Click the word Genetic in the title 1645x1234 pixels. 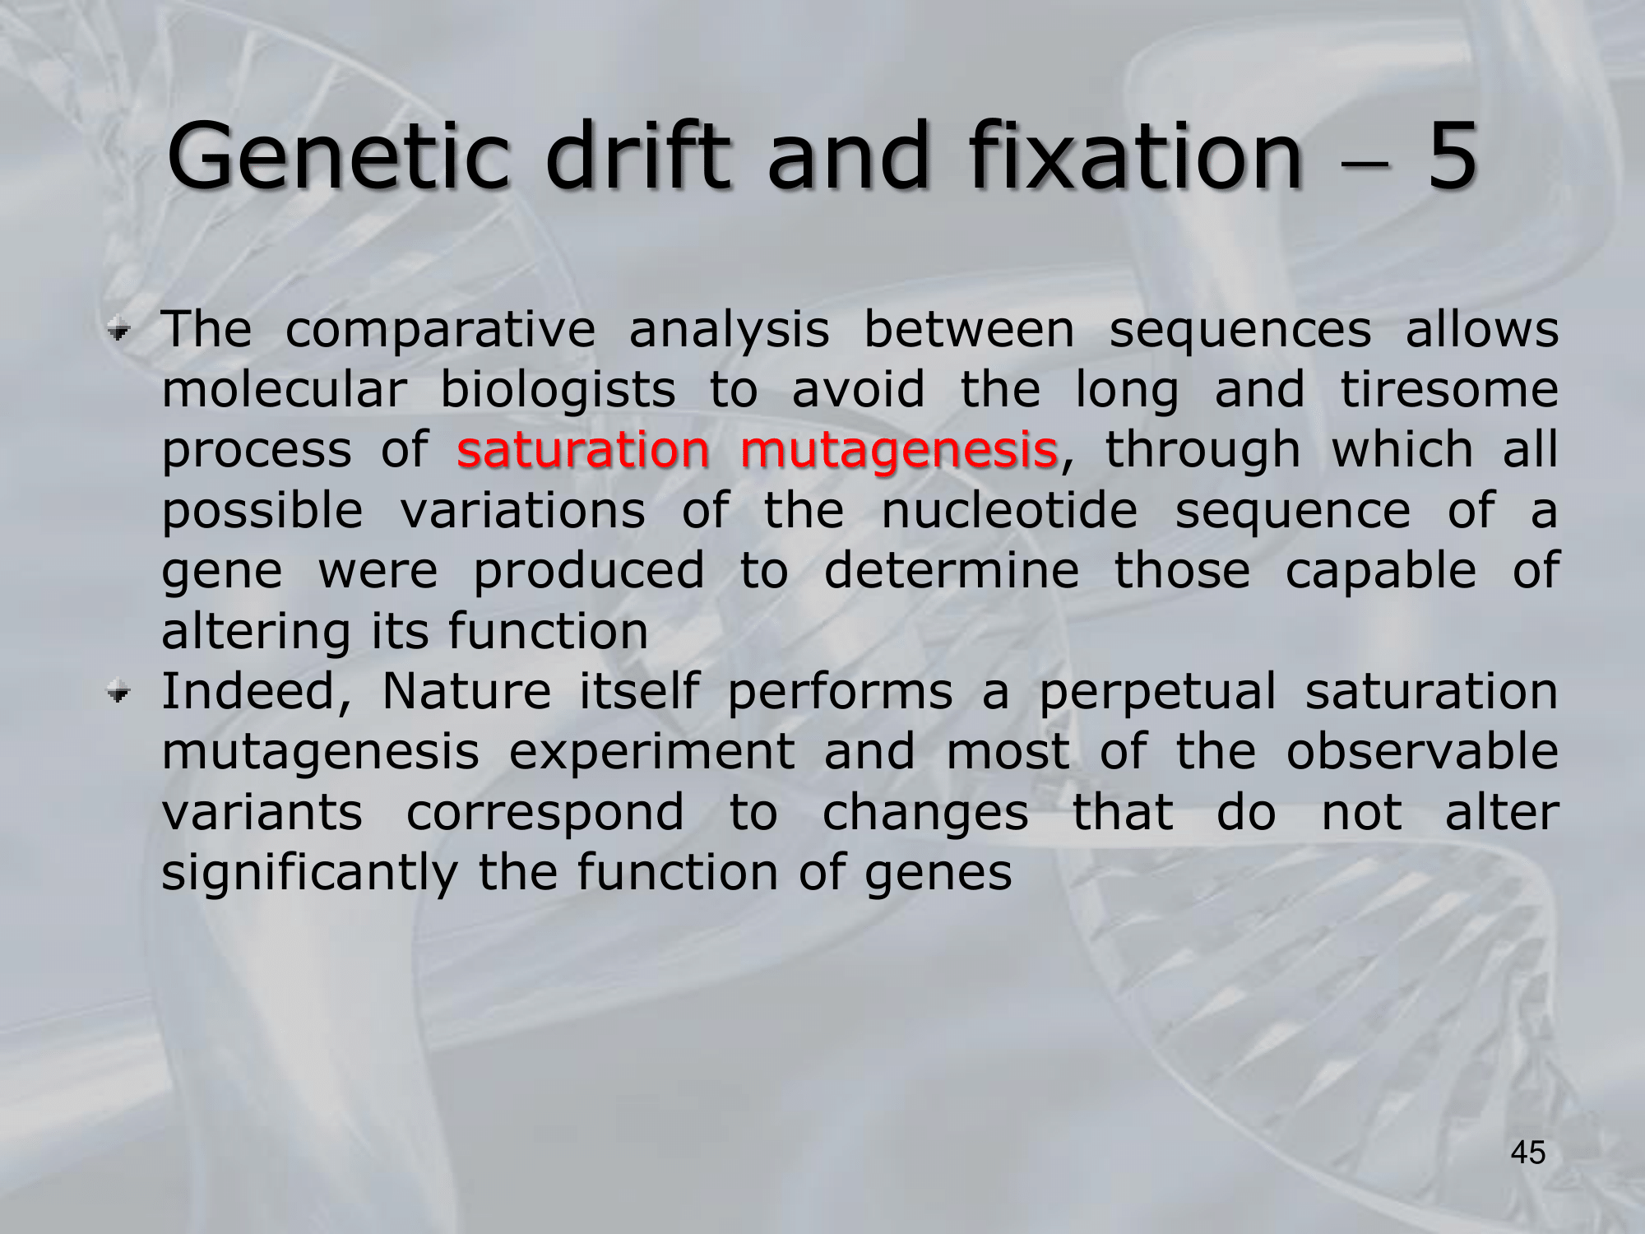pyautogui.click(x=339, y=155)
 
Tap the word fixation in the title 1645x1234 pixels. pyautogui.click(x=1136, y=155)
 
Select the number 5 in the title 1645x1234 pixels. pyautogui.click(x=1453, y=155)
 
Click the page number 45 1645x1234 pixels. pyautogui.click(x=1528, y=1153)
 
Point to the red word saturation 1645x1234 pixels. pyautogui.click(x=583, y=449)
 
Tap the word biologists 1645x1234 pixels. pyautogui.click(x=558, y=390)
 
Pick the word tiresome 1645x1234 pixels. pyautogui.click(x=1449, y=389)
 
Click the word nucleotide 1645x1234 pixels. pyautogui.click(x=1009, y=510)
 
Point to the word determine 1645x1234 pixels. pyautogui.click(x=952, y=570)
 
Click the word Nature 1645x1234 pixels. pyautogui.click(x=466, y=691)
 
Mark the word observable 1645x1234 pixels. pyautogui.click(x=1422, y=751)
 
